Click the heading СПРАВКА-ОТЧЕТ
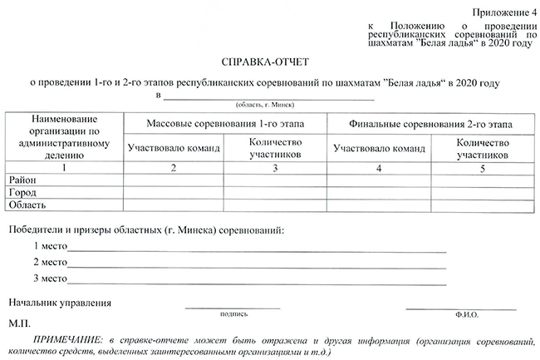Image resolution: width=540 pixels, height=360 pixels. click(x=268, y=62)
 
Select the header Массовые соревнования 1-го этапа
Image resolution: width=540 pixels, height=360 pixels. click(x=224, y=124)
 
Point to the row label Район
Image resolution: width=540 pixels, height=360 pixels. click(x=22, y=180)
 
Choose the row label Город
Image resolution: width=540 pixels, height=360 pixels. click(x=22, y=192)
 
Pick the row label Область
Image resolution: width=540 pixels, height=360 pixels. click(x=27, y=204)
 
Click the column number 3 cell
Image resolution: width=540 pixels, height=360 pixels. click(x=273, y=168)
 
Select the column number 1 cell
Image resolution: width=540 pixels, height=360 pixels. click(x=64, y=168)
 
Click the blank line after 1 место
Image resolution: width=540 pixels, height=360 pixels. click(x=258, y=249)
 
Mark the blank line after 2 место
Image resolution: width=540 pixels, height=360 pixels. click(x=258, y=264)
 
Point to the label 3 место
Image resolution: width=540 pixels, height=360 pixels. click(x=50, y=278)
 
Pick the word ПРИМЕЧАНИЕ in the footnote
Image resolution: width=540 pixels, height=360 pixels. click(x=62, y=341)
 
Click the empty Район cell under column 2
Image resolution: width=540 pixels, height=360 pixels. click(x=173, y=180)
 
